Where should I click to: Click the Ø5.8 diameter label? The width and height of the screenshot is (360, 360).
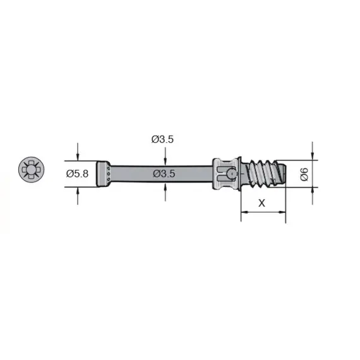pos(77,174)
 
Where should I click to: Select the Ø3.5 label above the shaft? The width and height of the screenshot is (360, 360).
pos(162,140)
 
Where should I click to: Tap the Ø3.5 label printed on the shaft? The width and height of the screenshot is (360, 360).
pos(164,173)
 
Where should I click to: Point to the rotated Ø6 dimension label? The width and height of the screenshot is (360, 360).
pos(304,173)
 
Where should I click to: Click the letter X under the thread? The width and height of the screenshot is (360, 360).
pos(262,203)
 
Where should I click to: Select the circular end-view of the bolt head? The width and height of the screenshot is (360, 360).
pos(30,171)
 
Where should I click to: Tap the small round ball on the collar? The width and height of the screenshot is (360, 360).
pos(232,172)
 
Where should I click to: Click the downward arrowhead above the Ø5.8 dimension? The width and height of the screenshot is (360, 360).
pos(78,157)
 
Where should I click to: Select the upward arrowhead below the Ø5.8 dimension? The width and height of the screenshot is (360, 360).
pos(78,191)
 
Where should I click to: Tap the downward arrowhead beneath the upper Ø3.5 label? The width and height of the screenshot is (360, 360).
pos(164,162)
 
